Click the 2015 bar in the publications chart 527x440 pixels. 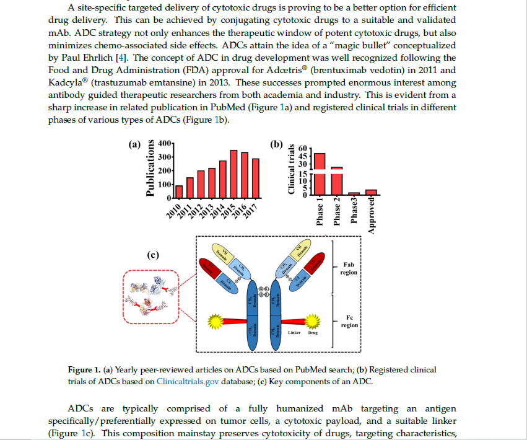click(233, 174)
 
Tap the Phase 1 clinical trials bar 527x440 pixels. click(320, 174)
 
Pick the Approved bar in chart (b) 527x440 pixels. click(371, 192)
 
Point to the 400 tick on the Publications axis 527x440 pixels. click(165, 143)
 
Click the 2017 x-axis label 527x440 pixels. click(251, 210)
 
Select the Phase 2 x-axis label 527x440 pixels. click(337, 211)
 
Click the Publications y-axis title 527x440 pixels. click(149, 169)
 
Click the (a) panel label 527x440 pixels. click(134, 145)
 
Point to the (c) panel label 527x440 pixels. click(153, 255)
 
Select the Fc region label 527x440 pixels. click(349, 321)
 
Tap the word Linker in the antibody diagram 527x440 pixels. click(295, 333)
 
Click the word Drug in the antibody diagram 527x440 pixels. click(313, 333)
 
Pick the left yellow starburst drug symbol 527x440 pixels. click(215, 320)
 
